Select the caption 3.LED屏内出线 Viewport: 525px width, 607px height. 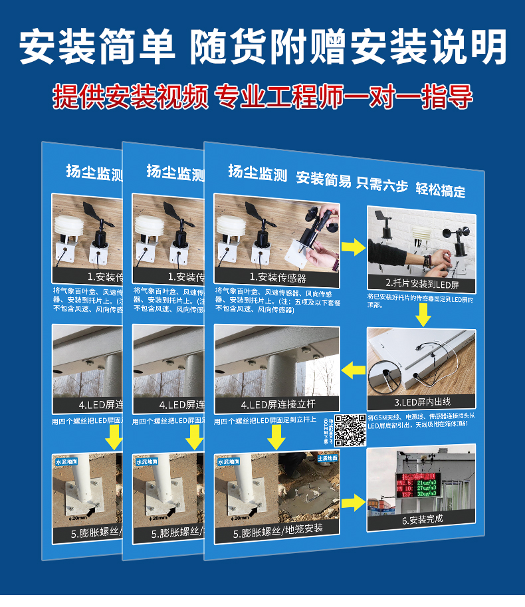pyautogui.click(x=422, y=402)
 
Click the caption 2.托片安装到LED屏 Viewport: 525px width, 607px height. pyautogui.click(x=422, y=285)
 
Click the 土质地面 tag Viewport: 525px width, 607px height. pyautogui.click(x=327, y=459)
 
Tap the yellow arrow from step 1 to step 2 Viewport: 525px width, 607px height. pyautogui.click(x=353, y=248)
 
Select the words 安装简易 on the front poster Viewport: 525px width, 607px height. pyautogui.click(x=323, y=179)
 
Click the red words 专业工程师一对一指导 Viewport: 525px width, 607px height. pyautogui.click(x=344, y=97)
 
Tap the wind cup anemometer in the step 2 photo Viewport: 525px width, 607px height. pyautogui.click(x=458, y=247)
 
